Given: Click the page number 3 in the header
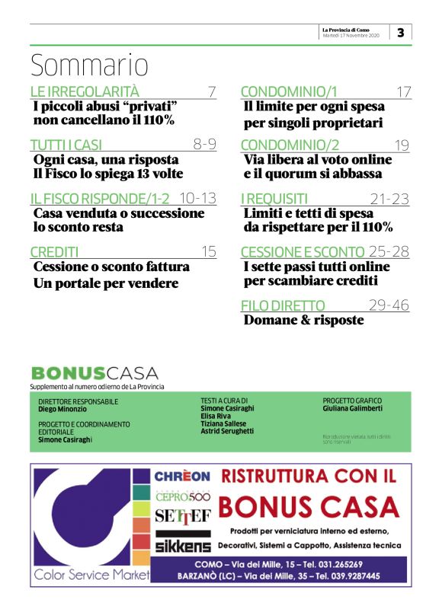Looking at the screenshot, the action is pyautogui.click(x=401, y=32).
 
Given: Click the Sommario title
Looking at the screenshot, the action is pyautogui.click(x=89, y=66).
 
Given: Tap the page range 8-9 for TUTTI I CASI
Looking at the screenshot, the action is pyautogui.click(x=205, y=145).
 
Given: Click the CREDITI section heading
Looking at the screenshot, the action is pyautogui.click(x=55, y=252).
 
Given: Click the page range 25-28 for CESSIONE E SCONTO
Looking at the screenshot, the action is pyautogui.click(x=389, y=252).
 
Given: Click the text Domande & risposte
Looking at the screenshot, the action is pyautogui.click(x=303, y=321).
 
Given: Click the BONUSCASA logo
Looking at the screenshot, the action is pyautogui.click(x=94, y=373).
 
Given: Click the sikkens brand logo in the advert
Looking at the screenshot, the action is pyautogui.click(x=183, y=545).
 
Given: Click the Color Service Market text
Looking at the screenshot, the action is pyautogui.click(x=91, y=575).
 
